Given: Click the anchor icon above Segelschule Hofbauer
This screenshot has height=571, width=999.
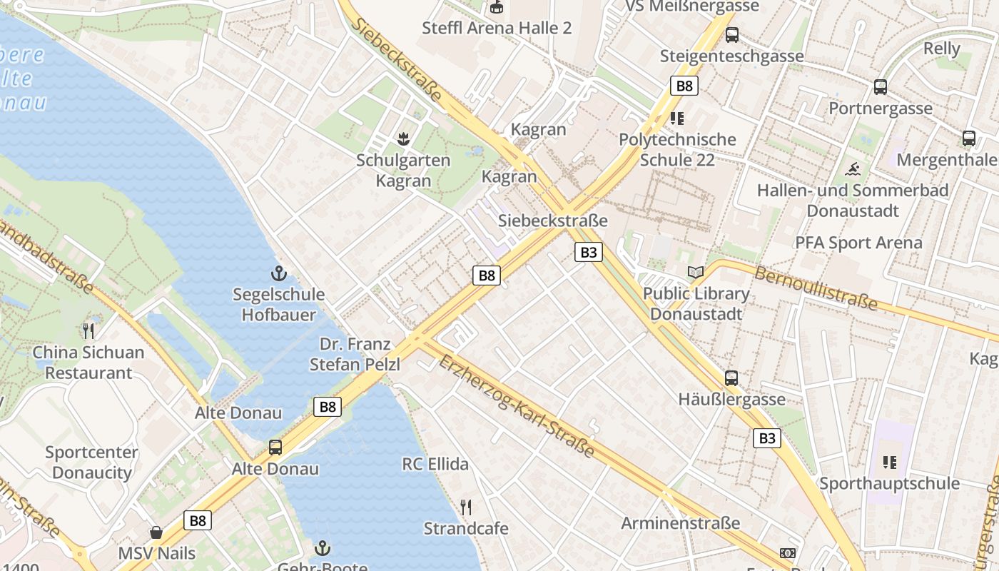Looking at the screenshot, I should point(278,273).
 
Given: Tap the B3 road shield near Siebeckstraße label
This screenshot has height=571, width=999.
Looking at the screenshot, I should point(589,251).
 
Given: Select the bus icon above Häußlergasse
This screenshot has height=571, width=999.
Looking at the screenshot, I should point(731,378).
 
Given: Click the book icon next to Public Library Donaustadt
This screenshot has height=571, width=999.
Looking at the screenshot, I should point(695,272).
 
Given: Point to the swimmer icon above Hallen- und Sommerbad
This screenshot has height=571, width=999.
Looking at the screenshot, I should point(852,169).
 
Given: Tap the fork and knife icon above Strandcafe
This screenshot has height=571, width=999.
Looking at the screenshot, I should point(466,507).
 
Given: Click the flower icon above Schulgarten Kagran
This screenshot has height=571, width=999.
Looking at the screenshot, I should point(404,138).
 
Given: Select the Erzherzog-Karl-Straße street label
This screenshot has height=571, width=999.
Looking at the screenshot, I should point(517,406).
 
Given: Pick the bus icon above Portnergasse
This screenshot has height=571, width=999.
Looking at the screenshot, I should point(881,87).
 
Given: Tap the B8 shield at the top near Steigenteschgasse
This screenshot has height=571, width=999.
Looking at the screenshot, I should point(684,86).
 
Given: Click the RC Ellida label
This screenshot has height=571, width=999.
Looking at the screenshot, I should point(435,465).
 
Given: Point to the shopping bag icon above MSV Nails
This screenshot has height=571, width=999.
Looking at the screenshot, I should point(156,532).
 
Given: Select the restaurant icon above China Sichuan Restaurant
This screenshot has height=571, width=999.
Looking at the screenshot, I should point(88,331).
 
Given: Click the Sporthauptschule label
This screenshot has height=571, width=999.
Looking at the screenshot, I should point(889,483).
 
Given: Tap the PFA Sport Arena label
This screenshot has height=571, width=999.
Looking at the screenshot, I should point(858,243).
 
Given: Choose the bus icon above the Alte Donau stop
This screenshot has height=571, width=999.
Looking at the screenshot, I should point(275,448).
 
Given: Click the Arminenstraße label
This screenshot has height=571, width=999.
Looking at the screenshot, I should point(680,523).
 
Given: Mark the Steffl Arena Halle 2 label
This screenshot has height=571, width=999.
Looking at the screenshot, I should point(497,29).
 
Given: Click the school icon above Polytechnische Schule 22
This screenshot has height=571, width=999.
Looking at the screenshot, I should point(676,118).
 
